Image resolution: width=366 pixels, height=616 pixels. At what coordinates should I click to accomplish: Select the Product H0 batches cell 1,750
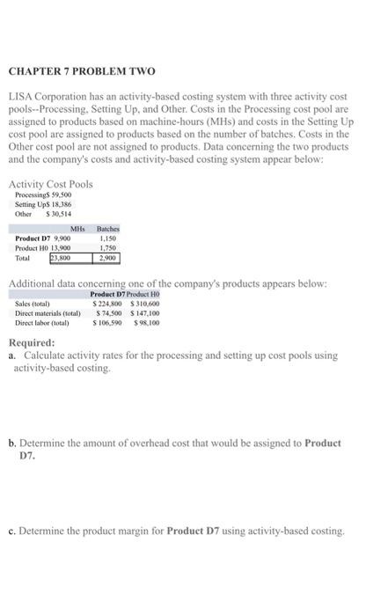coord(106,248)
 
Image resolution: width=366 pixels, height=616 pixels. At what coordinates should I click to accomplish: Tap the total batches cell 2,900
coord(106,259)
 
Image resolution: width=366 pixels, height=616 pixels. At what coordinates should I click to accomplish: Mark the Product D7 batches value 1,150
coord(106,238)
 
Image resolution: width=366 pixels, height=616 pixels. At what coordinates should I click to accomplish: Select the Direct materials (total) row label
coord(48,312)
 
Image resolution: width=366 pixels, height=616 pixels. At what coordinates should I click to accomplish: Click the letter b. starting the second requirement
coord(12,443)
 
